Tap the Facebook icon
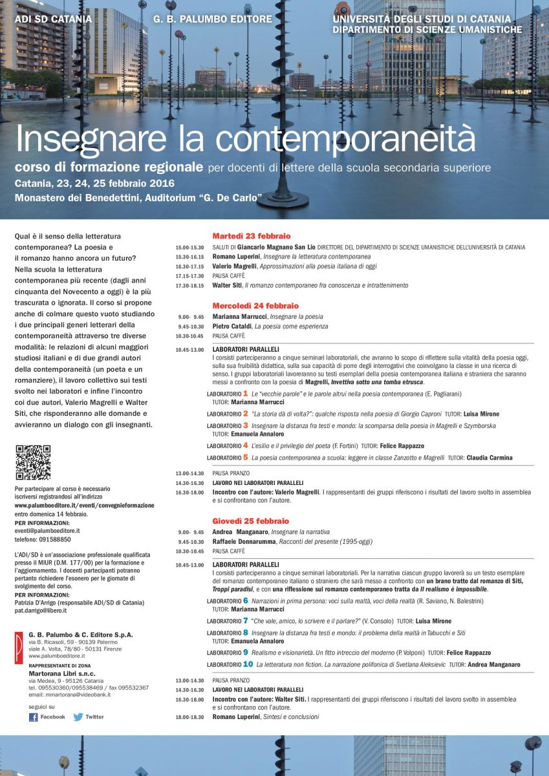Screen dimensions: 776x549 pyautogui.click(x=34, y=717)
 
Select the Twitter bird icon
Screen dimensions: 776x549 pyautogui.click(x=78, y=717)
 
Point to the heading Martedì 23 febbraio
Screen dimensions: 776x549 pyautogui.click(x=252, y=236)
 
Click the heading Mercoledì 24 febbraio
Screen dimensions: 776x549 pyautogui.click(x=255, y=305)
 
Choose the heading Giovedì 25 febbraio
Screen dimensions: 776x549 pyautogui.click(x=251, y=521)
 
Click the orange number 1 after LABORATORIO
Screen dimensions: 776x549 pyautogui.click(x=245, y=393)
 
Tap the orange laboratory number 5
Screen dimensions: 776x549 pyautogui.click(x=245, y=457)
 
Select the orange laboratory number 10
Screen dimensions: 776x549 pyautogui.click(x=248, y=664)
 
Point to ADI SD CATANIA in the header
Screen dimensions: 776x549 pyautogui.click(x=53, y=19)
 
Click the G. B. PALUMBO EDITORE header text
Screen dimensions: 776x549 pyautogui.click(x=213, y=19)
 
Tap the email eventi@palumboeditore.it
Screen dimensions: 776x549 pyautogui.click(x=47, y=531)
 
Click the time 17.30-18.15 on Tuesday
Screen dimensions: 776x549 pyautogui.click(x=189, y=285)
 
